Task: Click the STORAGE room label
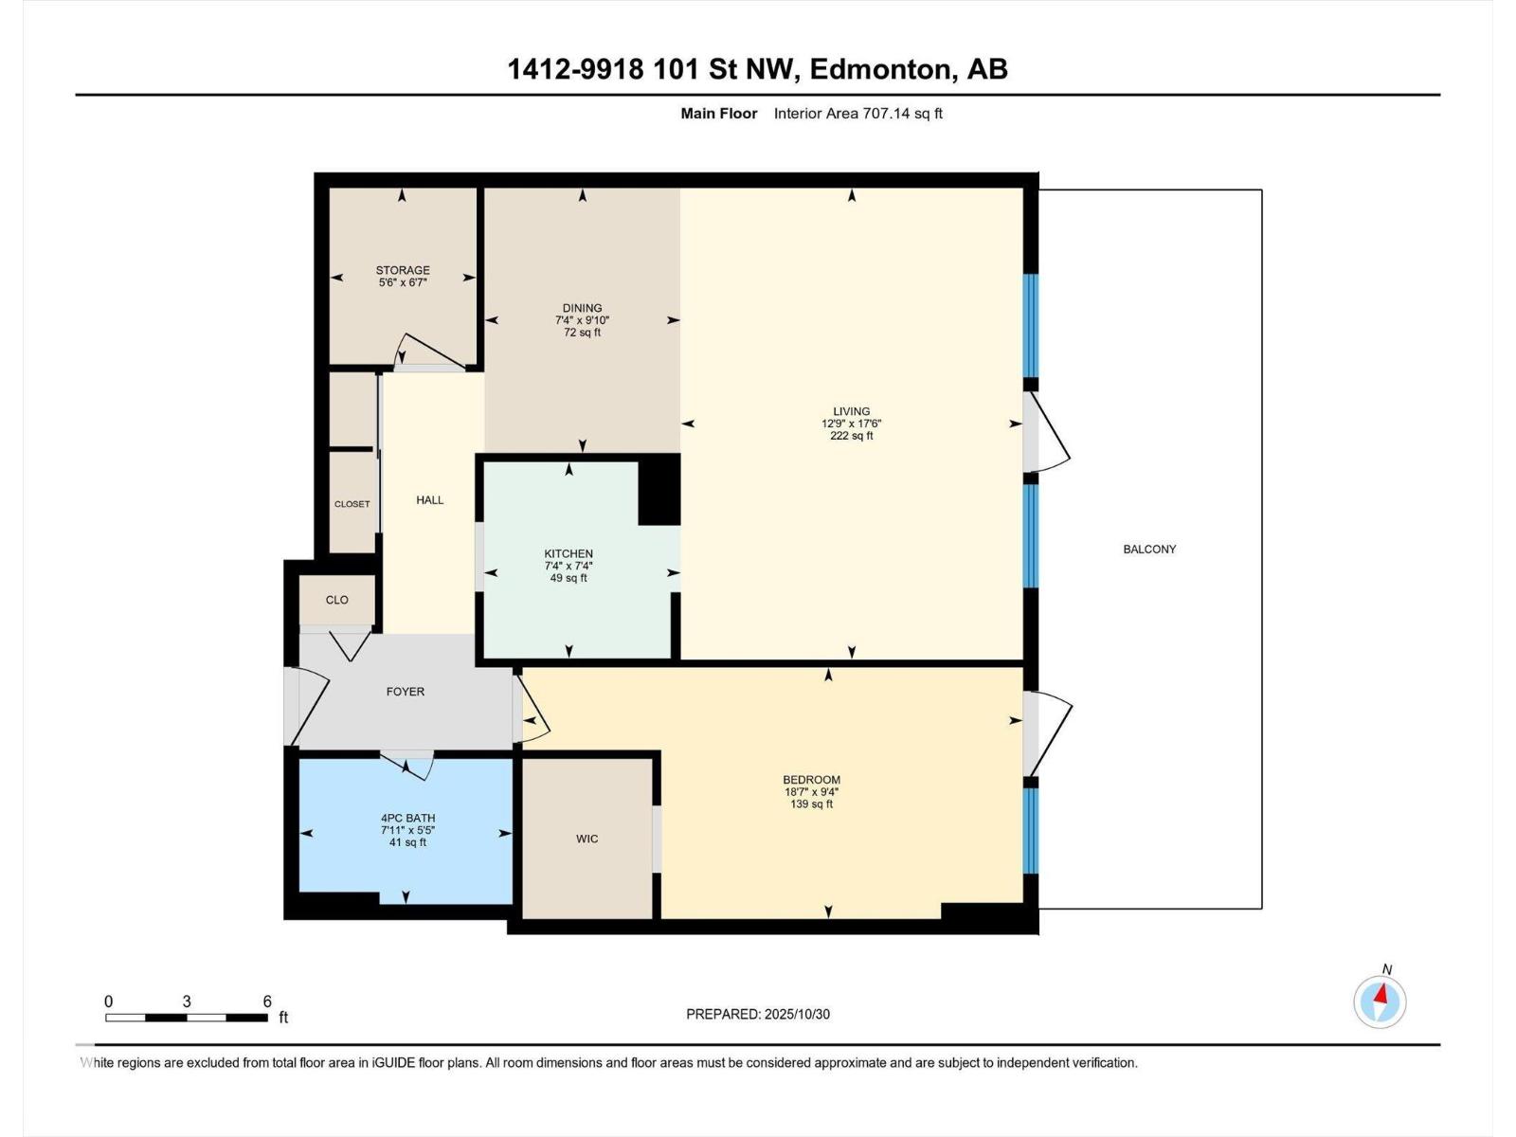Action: (x=403, y=270)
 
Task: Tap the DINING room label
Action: (x=582, y=308)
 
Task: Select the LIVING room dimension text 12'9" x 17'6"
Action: (x=851, y=424)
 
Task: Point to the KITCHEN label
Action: (x=568, y=553)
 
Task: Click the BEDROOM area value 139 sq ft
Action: (x=811, y=804)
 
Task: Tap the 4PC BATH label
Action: (x=407, y=818)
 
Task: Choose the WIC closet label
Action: (x=587, y=839)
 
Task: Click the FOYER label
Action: (x=406, y=692)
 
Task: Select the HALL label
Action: (x=429, y=500)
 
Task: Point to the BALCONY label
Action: (x=1149, y=550)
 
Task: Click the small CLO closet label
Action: (x=337, y=600)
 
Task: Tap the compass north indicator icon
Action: (x=1380, y=1002)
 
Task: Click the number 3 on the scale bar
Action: (x=187, y=1002)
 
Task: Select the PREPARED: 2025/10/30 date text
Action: (x=758, y=1014)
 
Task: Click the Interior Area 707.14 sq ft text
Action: (x=857, y=113)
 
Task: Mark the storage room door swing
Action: (x=428, y=350)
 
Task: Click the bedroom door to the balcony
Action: (x=1047, y=733)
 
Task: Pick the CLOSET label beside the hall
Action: (x=352, y=504)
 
